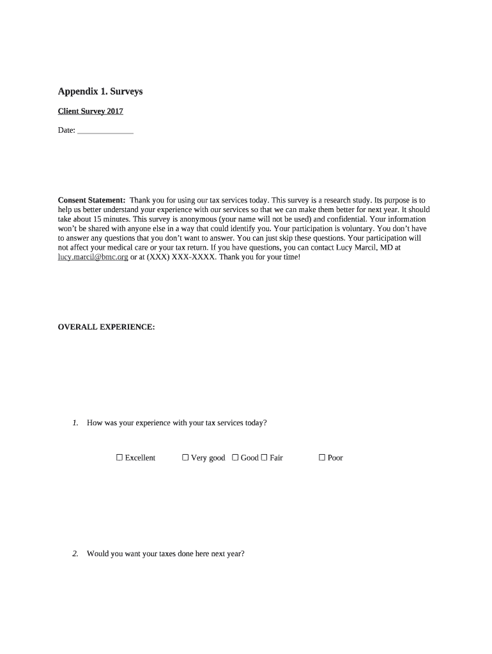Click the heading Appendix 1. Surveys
[100, 91]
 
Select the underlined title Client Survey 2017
[90, 111]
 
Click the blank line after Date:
[105, 131]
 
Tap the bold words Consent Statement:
[91, 200]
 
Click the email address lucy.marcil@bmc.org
[93, 257]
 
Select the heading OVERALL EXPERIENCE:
[106, 327]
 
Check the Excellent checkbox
[119, 457]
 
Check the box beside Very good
[185, 457]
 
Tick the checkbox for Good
[235, 457]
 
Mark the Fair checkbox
[264, 457]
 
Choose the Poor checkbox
[322, 457]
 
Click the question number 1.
[75, 423]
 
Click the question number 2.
[75, 554]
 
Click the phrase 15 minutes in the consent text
[103, 218]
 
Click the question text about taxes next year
[165, 554]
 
